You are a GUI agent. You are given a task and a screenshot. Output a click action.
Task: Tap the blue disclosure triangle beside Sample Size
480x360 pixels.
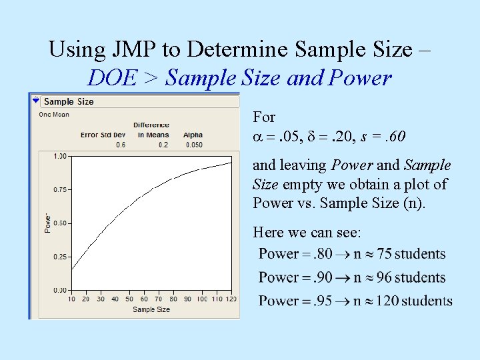point(36,101)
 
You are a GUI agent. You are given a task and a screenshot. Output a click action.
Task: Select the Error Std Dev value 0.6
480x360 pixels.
point(121,145)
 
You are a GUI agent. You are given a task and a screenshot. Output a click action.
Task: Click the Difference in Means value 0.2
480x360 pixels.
point(153,145)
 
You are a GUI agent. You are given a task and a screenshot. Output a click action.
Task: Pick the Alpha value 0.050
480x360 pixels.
point(193,145)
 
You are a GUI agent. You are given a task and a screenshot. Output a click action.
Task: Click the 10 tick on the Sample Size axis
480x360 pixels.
point(71,299)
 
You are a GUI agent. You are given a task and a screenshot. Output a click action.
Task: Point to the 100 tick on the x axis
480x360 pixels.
point(202,299)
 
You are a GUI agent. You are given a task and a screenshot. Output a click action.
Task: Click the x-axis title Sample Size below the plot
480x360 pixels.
point(151,309)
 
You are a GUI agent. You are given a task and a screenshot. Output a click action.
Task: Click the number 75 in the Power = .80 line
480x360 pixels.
point(385,254)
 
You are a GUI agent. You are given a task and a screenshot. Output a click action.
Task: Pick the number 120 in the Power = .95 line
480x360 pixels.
point(387,301)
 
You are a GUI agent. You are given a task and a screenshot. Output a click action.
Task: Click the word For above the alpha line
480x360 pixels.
point(264,117)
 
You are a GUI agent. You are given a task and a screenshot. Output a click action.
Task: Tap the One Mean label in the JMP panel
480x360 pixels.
point(54,115)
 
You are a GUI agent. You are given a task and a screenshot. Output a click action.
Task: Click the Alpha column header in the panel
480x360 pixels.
point(193,135)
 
